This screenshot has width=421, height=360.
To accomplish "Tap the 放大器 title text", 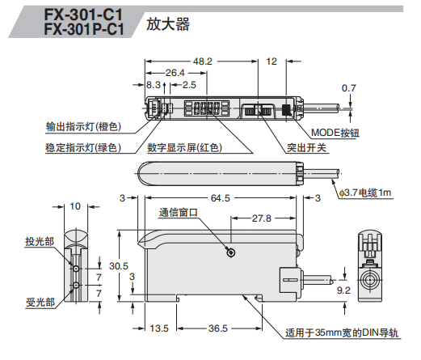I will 167,24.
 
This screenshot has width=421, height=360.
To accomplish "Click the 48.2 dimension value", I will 202,61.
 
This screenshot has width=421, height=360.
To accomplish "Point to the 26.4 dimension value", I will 176,73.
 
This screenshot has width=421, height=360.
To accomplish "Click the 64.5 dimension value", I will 221,197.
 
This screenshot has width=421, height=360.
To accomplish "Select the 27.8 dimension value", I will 259,218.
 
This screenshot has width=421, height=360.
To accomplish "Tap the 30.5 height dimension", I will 118,265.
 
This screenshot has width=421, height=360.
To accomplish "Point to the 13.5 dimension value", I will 159,328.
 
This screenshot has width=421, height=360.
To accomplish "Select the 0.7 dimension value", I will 348,87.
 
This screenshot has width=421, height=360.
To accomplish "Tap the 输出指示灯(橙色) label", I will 83,127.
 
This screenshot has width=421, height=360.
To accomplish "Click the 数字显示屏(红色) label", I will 184,147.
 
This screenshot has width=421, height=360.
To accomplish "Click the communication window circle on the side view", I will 232,253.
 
